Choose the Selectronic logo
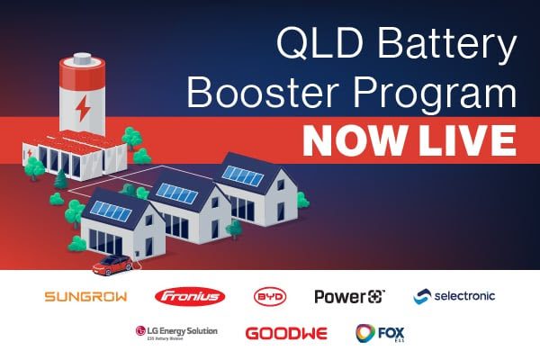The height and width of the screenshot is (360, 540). point(454,296)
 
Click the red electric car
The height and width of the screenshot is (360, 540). point(112,265)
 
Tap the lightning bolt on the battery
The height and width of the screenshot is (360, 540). point(81,107)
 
